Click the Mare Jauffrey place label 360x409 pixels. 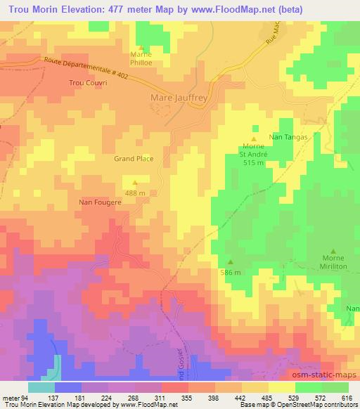(x=179, y=98)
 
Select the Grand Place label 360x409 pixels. (x=134, y=159)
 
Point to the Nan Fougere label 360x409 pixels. (x=100, y=202)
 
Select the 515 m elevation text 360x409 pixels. (x=254, y=162)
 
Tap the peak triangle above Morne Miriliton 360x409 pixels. (x=333, y=248)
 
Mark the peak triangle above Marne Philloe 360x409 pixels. (x=139, y=46)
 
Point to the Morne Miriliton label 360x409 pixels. (x=335, y=263)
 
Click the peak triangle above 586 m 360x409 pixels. (x=231, y=263)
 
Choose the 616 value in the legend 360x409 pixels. (x=345, y=397)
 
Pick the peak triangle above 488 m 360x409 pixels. (x=135, y=184)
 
